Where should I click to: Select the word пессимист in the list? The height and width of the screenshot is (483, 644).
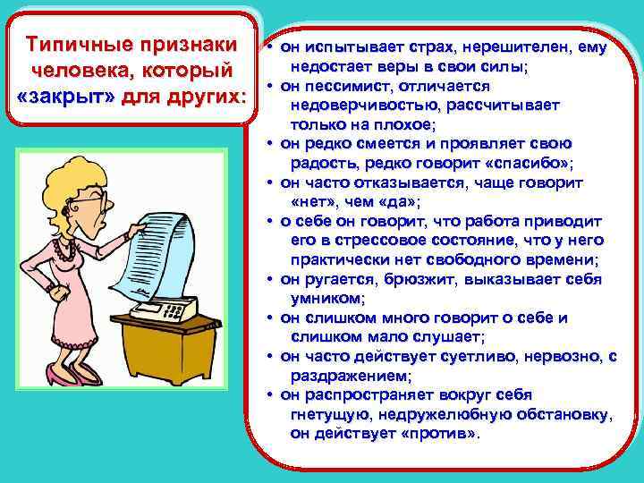pyautogui.click(x=342, y=86)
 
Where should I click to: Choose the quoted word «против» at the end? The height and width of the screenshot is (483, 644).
pyautogui.click(x=438, y=433)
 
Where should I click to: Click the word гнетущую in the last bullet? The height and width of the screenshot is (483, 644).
pyautogui.click(x=331, y=414)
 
